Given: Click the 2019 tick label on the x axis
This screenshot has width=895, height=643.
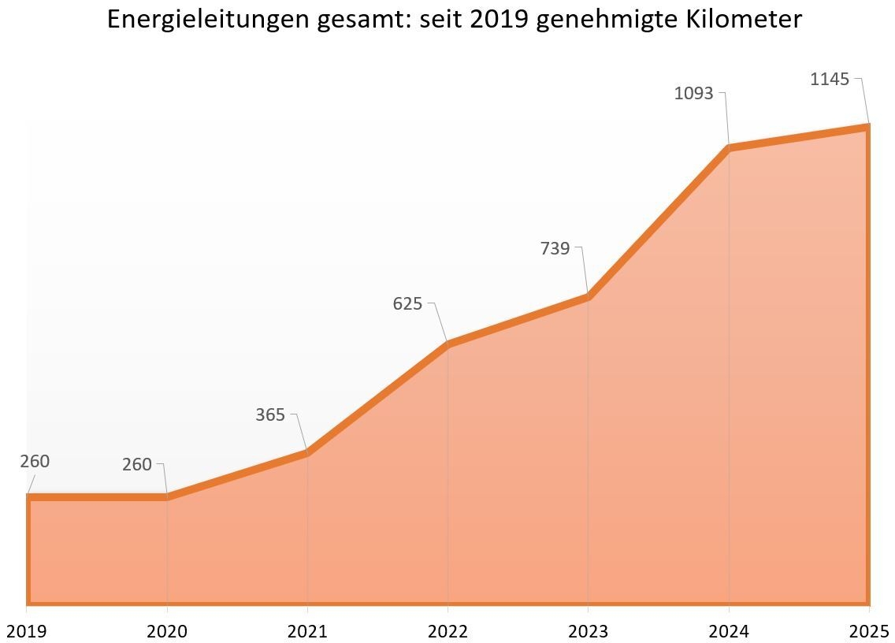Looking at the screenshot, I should [x=27, y=631].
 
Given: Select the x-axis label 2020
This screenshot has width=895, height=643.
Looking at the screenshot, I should [x=167, y=631].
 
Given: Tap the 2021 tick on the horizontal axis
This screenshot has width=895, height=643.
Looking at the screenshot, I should [x=307, y=631].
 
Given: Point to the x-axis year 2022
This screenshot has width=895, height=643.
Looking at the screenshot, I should [x=447, y=631].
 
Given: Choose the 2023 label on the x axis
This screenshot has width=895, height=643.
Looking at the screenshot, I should [x=588, y=631].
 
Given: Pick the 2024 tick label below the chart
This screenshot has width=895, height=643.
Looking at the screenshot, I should [x=728, y=631].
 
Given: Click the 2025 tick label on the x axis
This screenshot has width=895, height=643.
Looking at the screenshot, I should [x=869, y=631].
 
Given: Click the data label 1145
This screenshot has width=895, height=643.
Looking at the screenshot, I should [x=830, y=79].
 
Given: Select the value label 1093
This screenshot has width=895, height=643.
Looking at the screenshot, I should [x=693, y=93].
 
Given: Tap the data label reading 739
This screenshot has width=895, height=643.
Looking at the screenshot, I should [x=555, y=248].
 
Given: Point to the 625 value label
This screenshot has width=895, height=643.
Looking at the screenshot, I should [x=407, y=303].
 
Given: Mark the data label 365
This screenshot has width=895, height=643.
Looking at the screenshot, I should [x=270, y=414].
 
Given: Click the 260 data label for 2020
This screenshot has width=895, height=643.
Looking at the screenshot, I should [x=136, y=465].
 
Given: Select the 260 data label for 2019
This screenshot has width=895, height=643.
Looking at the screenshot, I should [x=35, y=461].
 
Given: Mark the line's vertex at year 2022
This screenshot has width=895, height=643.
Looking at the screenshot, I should [x=447, y=344].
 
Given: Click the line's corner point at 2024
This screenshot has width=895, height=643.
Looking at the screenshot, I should [x=729, y=147].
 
